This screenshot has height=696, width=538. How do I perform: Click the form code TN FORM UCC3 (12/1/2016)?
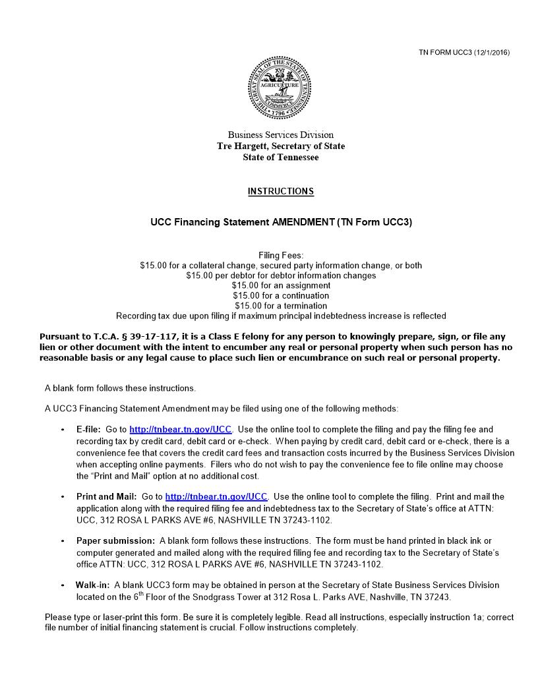tap(464, 52)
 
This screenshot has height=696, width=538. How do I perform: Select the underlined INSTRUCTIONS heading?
tap(280, 192)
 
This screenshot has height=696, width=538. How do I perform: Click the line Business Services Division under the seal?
tap(280, 135)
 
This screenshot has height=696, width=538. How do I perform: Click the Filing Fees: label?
tap(280, 255)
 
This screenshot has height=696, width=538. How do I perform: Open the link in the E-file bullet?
tap(180, 430)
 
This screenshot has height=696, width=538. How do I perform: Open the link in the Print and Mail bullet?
tap(216, 497)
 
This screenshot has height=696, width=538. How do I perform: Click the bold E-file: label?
tap(88, 430)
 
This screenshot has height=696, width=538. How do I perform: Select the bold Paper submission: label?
tap(115, 541)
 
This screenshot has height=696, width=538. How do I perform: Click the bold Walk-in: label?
tap(92, 585)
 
